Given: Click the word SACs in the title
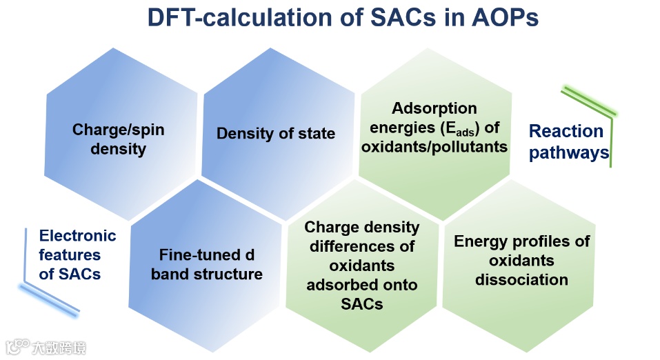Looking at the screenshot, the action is pos(402,17).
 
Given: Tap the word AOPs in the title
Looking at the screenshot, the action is pos(505,17).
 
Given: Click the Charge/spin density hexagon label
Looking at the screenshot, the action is pos(119,139).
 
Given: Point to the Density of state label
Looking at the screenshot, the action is pos(276,134).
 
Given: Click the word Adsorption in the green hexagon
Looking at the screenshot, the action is pos(434,108).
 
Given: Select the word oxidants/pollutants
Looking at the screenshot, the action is pos(434,146).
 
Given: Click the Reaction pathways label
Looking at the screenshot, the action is pos(569,142).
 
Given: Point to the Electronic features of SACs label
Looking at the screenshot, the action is pos(77,254).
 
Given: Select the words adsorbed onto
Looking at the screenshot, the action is pos(362,285).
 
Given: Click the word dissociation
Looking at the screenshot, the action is pos(521,280).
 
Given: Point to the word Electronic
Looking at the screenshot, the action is pos(77,236).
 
